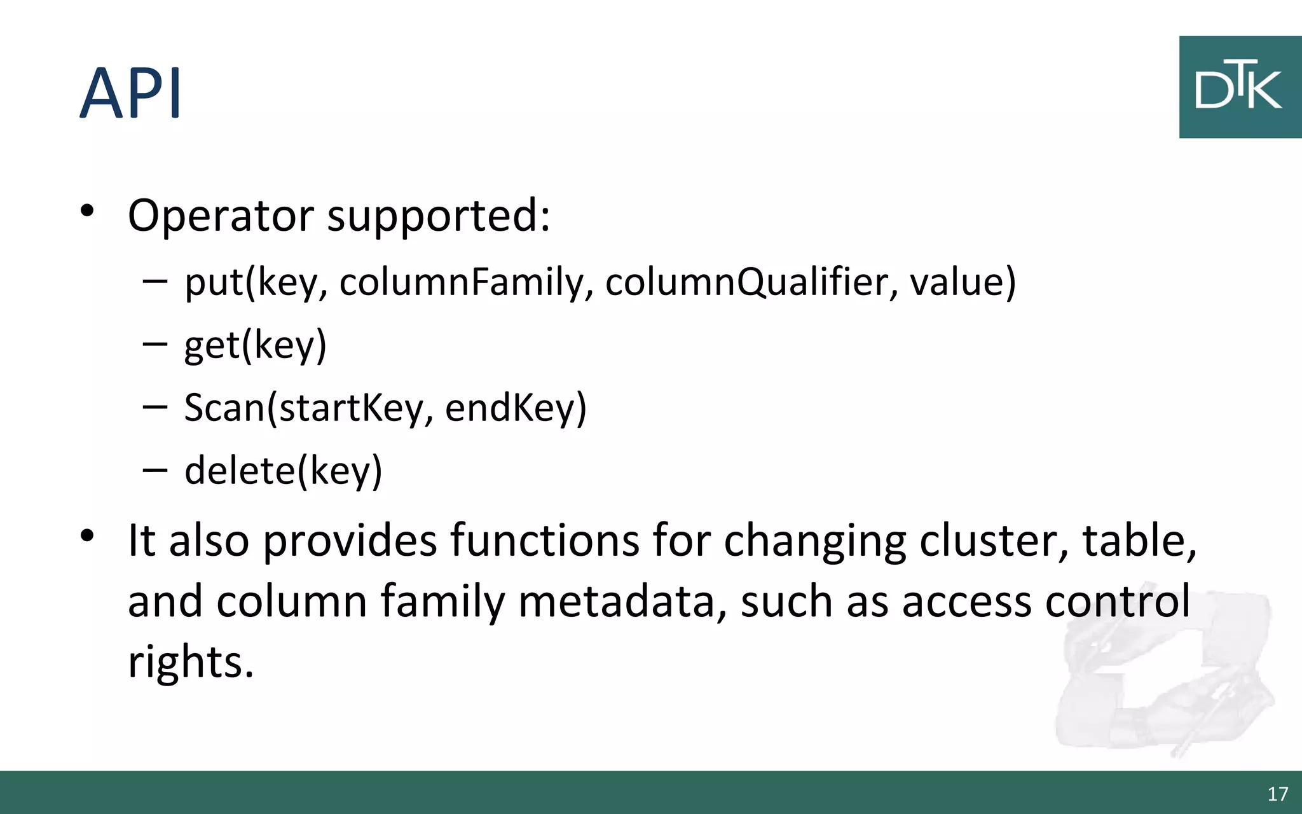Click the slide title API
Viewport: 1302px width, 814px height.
coord(131,93)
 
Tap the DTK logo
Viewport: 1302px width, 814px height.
coord(1239,87)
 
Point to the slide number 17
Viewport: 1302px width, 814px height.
coord(1277,794)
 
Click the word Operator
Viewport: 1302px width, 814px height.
coord(221,216)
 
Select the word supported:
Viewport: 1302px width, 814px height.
coord(438,216)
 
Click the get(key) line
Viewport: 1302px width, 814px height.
coord(255,345)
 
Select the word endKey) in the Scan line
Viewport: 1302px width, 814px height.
coord(516,408)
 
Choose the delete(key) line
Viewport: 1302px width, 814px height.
coord(284,471)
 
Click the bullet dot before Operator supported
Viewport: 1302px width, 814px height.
coord(87,210)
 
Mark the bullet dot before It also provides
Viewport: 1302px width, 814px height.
coord(87,535)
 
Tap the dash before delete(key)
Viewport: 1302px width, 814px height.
coord(155,470)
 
